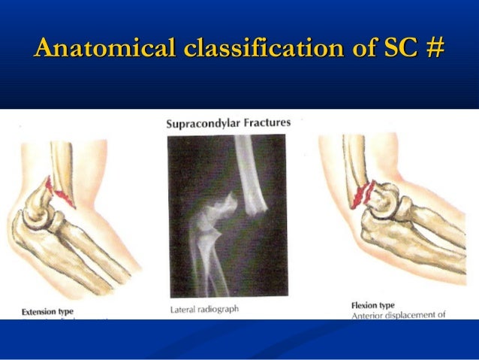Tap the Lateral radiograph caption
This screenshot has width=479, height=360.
coord(200,308)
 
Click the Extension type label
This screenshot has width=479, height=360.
coord(47,310)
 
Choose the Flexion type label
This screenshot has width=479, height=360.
coord(373,305)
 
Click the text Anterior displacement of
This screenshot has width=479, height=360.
coord(399,316)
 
